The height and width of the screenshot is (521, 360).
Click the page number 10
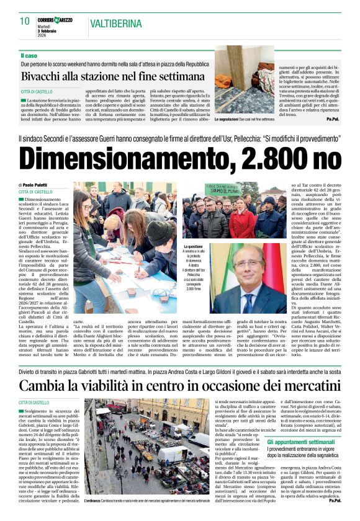[x=25, y=21]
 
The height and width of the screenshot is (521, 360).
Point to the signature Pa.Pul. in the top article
[x=332, y=119]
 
